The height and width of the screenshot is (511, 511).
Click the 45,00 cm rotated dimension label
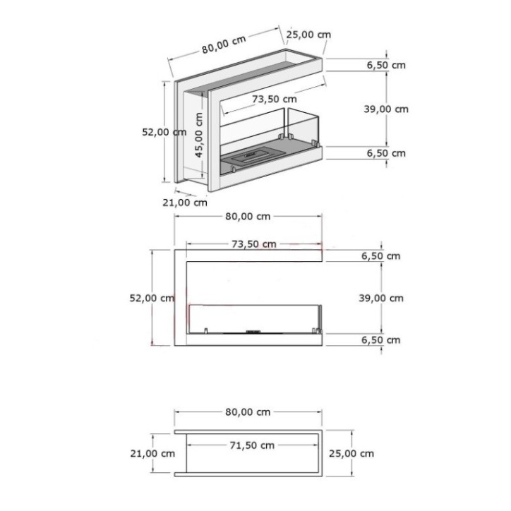199,138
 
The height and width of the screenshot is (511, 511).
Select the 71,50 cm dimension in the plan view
252,445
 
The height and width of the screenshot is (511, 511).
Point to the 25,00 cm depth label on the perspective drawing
308,35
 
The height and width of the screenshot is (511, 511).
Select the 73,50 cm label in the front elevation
253,244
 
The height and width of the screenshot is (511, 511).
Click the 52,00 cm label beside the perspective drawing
164,131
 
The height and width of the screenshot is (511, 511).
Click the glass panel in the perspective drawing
300,127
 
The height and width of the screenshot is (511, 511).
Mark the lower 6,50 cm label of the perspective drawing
386,153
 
